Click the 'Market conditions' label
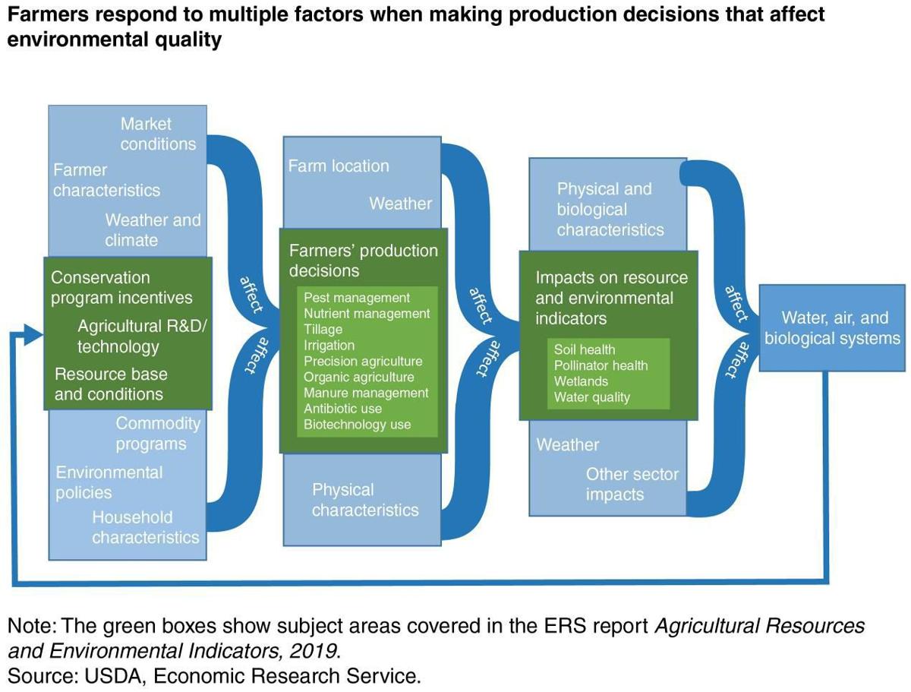pos(158,134)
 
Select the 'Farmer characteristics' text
pos(106,180)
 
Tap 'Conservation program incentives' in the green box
pos(121,288)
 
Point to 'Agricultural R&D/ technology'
pos(141,337)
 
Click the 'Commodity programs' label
pos(157,434)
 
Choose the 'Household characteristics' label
pos(145,527)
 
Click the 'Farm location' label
pos(339,166)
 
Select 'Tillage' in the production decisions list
pos(323,330)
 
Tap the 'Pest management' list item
pos(356,298)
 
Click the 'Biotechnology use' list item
pos(357,425)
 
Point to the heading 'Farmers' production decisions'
pos(363,261)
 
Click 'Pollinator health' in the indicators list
pos(601,365)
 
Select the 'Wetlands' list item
pos(581,381)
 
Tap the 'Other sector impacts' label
pos(632,485)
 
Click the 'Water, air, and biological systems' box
pos(832,328)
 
